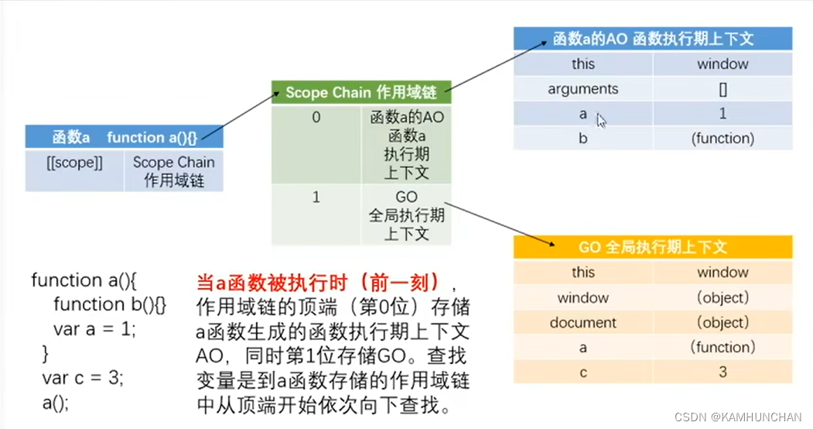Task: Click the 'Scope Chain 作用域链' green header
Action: pyautogui.click(x=360, y=93)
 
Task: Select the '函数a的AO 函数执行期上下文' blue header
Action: pyautogui.click(x=653, y=39)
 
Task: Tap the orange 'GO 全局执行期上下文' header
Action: pyautogui.click(x=653, y=247)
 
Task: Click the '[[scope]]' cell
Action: pyautogui.click(x=75, y=163)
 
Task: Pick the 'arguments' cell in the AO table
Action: pyautogui.click(x=583, y=89)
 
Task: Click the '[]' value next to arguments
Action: pyautogui.click(x=722, y=89)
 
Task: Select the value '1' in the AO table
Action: pyautogui.click(x=722, y=114)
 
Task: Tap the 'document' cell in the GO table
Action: pyautogui.click(x=583, y=322)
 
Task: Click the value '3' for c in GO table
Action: pyautogui.click(x=722, y=372)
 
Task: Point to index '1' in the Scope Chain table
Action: pyautogui.click(x=316, y=197)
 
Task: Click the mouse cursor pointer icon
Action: pyautogui.click(x=601, y=119)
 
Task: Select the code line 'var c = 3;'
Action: pyautogui.click(x=83, y=379)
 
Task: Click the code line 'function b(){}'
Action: pyautogui.click(x=110, y=304)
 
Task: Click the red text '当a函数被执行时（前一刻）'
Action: pyautogui.click(x=318, y=280)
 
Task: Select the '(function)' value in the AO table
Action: pyautogui.click(x=722, y=139)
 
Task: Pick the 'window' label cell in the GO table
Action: pyautogui.click(x=583, y=297)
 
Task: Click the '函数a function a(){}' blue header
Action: pyautogui.click(x=125, y=138)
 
